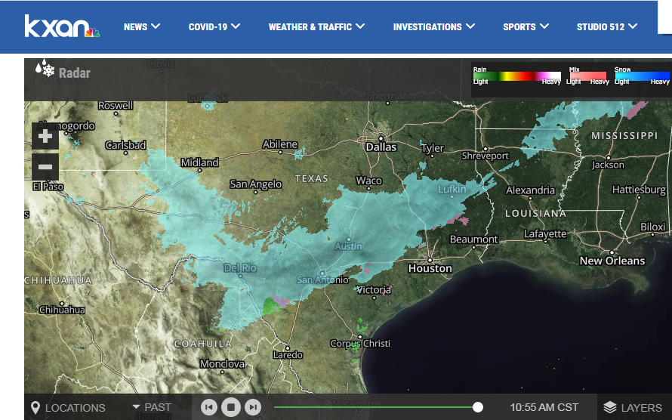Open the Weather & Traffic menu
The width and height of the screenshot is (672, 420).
tap(316, 26)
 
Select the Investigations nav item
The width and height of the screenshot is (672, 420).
tap(434, 26)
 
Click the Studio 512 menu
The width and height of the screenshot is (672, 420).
tap(607, 26)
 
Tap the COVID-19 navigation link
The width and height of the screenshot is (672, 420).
tap(214, 26)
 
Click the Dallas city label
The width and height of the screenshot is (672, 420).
tap(381, 147)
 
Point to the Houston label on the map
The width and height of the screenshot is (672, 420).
tap(430, 268)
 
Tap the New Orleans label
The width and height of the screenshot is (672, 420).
tap(612, 261)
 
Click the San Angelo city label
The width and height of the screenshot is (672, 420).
tap(256, 184)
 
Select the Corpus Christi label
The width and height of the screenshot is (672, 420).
tap(360, 344)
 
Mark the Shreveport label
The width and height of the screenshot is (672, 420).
tap(486, 156)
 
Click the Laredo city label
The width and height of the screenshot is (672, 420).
tap(288, 354)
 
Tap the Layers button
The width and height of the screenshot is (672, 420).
tap(633, 408)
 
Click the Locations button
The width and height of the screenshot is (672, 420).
tap(67, 408)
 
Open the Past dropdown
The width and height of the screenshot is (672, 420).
tap(152, 407)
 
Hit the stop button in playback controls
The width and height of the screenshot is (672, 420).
tap(231, 408)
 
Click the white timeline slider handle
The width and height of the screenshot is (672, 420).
tap(478, 407)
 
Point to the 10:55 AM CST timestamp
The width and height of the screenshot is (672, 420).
tap(544, 408)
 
